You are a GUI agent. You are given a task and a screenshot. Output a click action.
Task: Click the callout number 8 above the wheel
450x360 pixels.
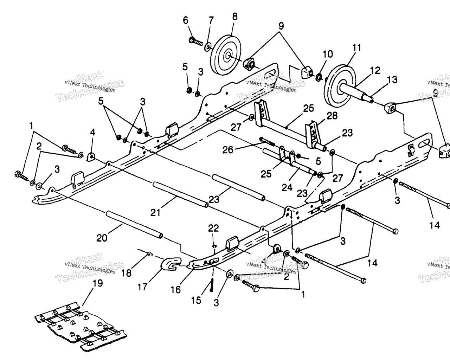click(x=234, y=17)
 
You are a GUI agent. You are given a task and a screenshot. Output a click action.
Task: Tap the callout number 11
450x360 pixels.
click(x=357, y=48)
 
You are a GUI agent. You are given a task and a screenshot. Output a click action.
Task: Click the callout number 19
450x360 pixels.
click(x=98, y=284)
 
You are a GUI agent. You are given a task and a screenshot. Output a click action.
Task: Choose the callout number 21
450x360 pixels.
click(x=155, y=212)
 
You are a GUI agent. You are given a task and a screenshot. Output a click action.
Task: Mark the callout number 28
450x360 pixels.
click(x=332, y=116)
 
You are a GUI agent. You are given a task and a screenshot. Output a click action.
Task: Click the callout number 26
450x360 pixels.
click(x=228, y=150)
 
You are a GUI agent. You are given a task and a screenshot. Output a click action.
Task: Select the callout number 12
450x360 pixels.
click(x=375, y=70)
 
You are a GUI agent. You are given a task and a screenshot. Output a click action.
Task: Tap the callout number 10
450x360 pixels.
click(x=327, y=54)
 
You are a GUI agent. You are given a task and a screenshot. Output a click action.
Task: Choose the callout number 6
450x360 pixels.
click(x=186, y=20)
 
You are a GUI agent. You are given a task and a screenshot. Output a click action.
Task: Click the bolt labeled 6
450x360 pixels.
click(x=196, y=42)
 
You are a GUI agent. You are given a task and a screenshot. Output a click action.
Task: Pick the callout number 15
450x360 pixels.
click(x=196, y=300)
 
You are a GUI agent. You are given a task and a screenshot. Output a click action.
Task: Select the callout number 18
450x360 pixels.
click(x=127, y=274)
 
